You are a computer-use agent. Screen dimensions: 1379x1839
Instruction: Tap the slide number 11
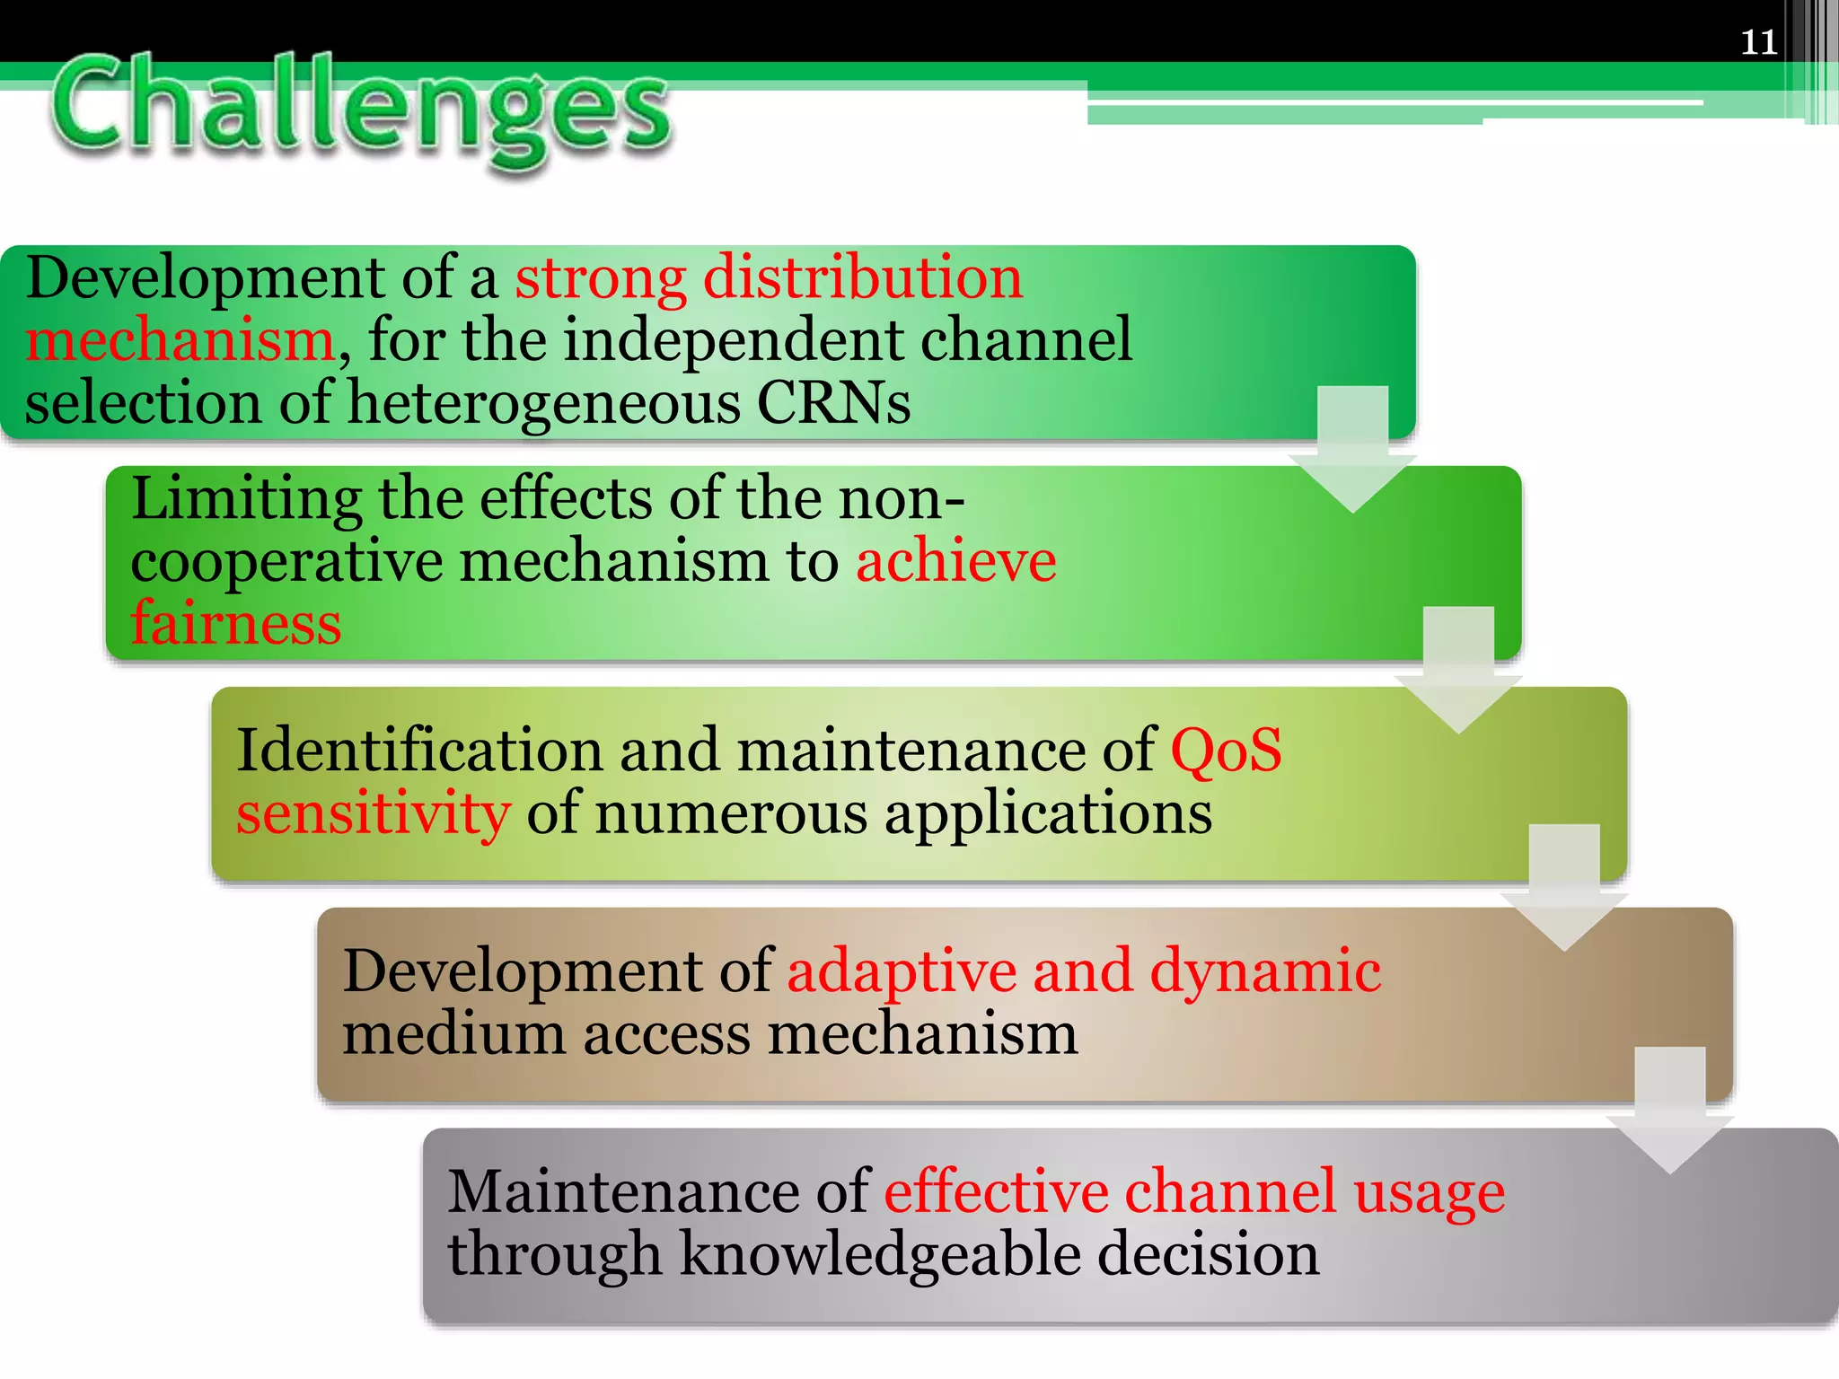tap(1758, 42)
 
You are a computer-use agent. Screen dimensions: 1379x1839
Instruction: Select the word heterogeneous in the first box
tap(543, 402)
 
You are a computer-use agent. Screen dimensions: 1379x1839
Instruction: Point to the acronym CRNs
tap(833, 402)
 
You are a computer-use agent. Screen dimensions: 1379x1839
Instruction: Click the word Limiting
tap(246, 499)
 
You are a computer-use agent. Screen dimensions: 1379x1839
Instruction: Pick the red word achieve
tap(956, 561)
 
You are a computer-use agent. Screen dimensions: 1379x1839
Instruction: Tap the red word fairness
tap(236, 623)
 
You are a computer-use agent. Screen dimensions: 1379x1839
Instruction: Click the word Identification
tap(419, 750)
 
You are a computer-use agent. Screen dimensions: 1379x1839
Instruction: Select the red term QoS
tap(1226, 750)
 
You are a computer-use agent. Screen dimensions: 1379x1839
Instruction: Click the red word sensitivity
tap(374, 812)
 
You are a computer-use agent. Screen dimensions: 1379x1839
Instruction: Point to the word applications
tap(1048, 812)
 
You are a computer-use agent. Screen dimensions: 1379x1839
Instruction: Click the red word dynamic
tap(1265, 971)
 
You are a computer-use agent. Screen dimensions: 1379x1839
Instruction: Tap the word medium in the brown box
tap(453, 1034)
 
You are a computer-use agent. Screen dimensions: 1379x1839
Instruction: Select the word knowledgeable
tap(880, 1254)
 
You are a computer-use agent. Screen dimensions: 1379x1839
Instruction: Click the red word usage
tap(1430, 1192)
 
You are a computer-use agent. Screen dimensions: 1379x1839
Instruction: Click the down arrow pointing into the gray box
tap(1669, 1113)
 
